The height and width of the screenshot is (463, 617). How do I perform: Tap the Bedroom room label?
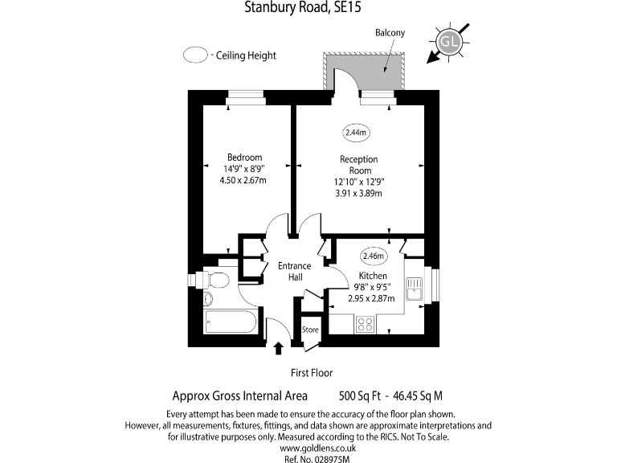point(244,157)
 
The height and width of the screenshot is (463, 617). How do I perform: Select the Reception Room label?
point(358,165)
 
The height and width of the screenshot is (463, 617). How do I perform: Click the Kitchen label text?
point(373,276)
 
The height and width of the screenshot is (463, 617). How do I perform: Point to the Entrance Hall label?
point(295,272)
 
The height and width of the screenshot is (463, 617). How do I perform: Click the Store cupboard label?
point(310,330)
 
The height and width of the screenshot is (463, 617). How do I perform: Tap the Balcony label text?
point(390,33)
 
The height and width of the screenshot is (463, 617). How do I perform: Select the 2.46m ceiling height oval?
point(374,256)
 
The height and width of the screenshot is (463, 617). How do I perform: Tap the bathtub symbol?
point(231,323)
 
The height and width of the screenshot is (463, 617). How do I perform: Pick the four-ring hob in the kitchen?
point(365,325)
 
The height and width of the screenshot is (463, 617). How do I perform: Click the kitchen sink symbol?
point(415,288)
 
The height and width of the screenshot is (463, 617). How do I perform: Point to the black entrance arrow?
point(279,348)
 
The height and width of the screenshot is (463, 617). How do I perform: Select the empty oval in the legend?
point(195,56)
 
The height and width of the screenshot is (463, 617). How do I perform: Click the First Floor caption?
point(311,373)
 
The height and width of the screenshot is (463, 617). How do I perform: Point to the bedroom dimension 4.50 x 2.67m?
point(243,180)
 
